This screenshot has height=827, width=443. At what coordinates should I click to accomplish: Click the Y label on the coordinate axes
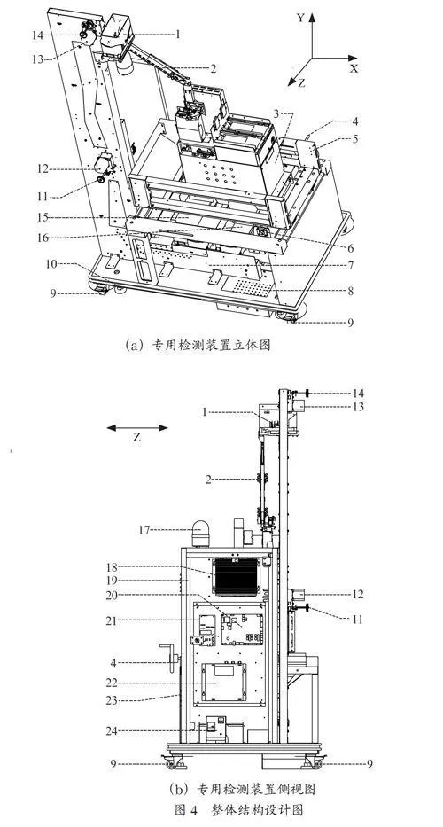[x=300, y=18]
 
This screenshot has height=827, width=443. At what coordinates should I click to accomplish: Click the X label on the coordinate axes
[x=354, y=68]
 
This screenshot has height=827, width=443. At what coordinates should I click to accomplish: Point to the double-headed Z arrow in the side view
[x=137, y=428]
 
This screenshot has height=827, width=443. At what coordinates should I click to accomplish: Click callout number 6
[x=351, y=247]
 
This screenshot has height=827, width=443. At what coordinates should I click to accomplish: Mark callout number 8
[x=351, y=290]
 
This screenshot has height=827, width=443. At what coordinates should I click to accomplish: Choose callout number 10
[x=51, y=264]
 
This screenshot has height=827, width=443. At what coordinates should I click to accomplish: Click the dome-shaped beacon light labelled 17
[x=200, y=534]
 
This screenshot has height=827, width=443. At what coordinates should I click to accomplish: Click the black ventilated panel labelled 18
[x=235, y=576]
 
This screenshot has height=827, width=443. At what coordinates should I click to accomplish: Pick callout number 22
[x=113, y=683]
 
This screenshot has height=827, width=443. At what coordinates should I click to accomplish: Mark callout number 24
[x=113, y=730]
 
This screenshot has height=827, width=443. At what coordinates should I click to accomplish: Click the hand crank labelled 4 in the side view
[x=170, y=656]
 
